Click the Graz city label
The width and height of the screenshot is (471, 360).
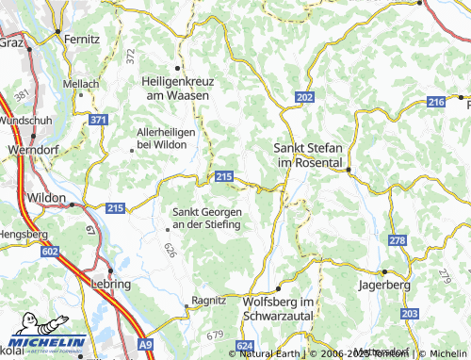(x=11, y=41)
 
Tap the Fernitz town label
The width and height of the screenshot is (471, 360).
(x=82, y=39)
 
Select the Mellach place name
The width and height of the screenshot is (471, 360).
(x=81, y=84)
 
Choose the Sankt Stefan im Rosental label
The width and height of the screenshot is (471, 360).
(x=308, y=155)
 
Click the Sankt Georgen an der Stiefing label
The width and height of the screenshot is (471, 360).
(x=206, y=219)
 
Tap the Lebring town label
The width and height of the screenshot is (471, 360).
(x=110, y=283)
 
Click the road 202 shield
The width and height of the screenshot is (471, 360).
(x=303, y=98)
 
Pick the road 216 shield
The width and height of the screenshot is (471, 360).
(x=435, y=102)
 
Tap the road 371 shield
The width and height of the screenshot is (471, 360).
(x=99, y=120)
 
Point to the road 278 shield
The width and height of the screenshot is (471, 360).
(x=397, y=242)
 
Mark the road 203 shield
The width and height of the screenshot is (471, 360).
(x=409, y=313)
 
